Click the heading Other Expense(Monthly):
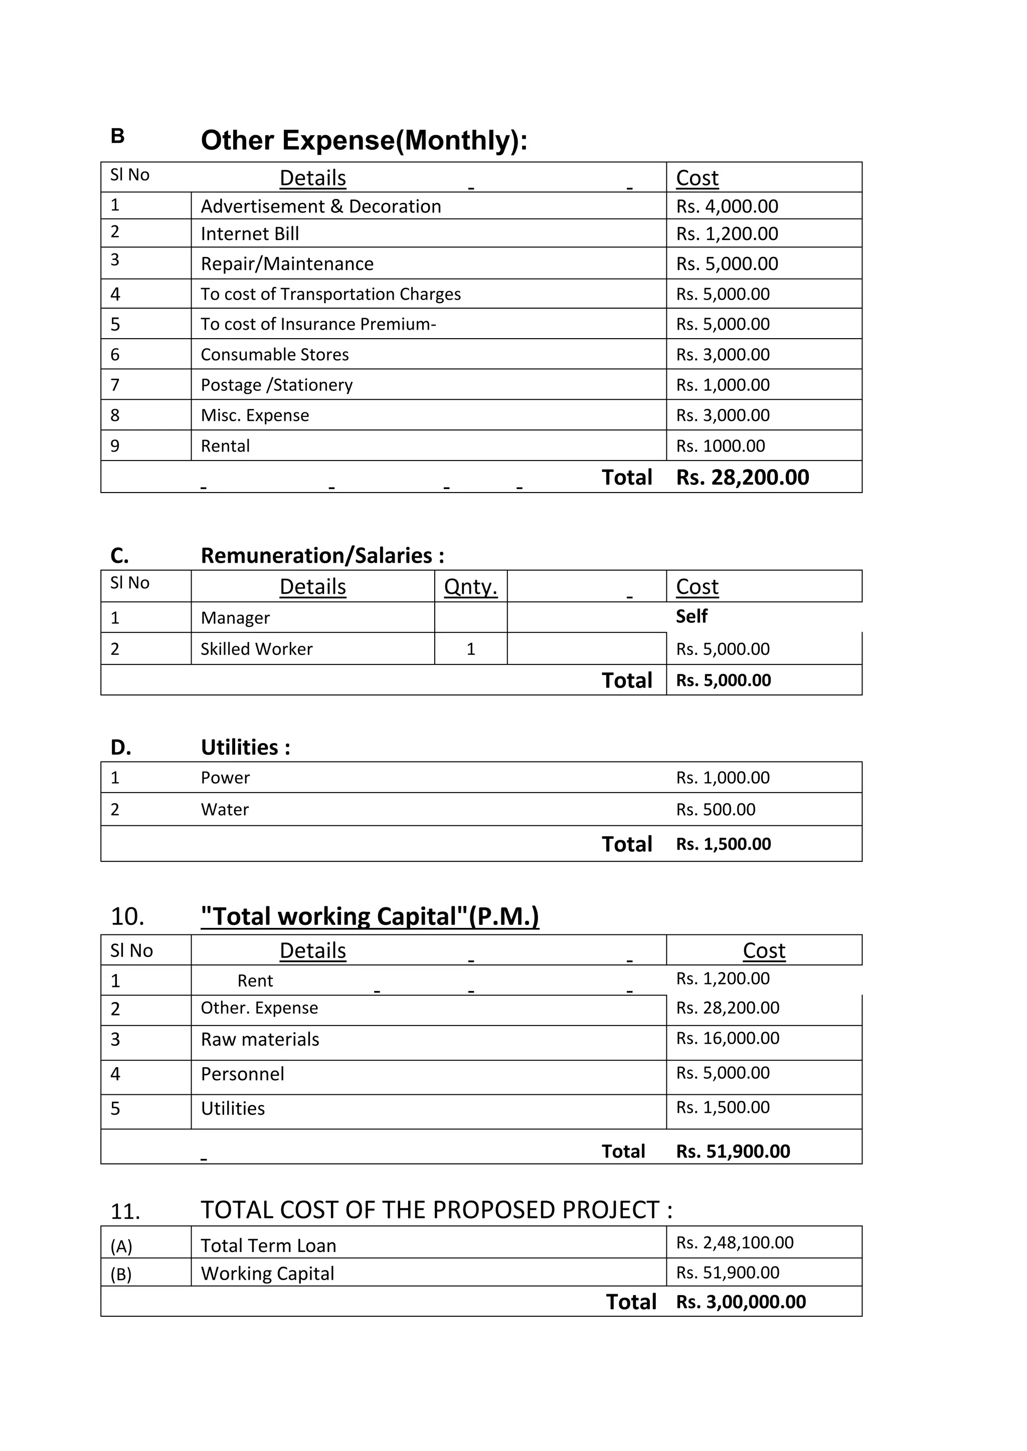tap(364, 140)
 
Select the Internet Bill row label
tap(250, 234)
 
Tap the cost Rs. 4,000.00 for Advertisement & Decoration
tap(727, 206)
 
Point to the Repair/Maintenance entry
tap(287, 264)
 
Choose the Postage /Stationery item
tap(276, 385)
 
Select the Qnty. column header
tap(470, 587)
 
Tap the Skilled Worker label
tap(256, 649)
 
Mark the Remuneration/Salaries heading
tap(322, 556)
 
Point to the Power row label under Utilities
tap(225, 778)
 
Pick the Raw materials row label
tap(259, 1040)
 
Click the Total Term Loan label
tap(268, 1246)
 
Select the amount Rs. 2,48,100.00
tap(734, 1243)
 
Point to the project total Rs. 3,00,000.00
tap(741, 1302)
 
